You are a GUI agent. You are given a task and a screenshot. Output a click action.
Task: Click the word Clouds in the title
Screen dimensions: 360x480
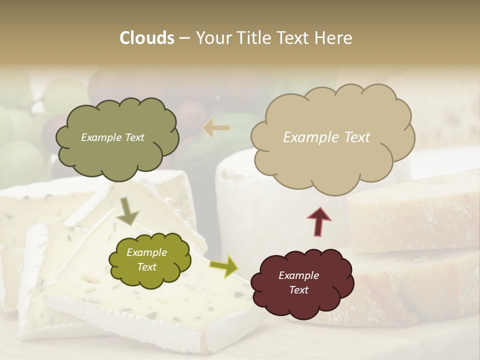click(x=147, y=38)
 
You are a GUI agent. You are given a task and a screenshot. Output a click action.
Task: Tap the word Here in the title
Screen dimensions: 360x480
click(x=334, y=38)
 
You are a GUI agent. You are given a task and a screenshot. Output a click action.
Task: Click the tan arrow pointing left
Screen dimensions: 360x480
click(x=216, y=128)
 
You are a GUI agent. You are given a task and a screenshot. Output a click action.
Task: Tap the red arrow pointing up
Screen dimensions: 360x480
click(x=319, y=221)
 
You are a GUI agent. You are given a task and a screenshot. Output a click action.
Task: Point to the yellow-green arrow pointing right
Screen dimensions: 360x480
click(x=224, y=266)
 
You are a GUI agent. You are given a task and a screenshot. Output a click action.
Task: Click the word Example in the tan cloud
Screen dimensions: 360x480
click(x=311, y=137)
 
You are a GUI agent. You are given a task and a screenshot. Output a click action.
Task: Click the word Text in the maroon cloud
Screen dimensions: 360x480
click(x=299, y=290)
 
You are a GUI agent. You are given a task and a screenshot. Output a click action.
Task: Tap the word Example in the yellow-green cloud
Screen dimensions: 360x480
click(x=146, y=252)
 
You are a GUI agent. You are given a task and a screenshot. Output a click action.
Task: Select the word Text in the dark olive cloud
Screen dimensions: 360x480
click(x=133, y=137)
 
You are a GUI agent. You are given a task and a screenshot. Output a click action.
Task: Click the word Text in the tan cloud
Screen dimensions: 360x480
click(x=357, y=137)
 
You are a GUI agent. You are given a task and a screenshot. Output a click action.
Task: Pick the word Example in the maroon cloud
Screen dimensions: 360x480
click(x=299, y=275)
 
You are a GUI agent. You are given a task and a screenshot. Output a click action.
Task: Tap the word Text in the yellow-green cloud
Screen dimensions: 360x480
click(x=146, y=267)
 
